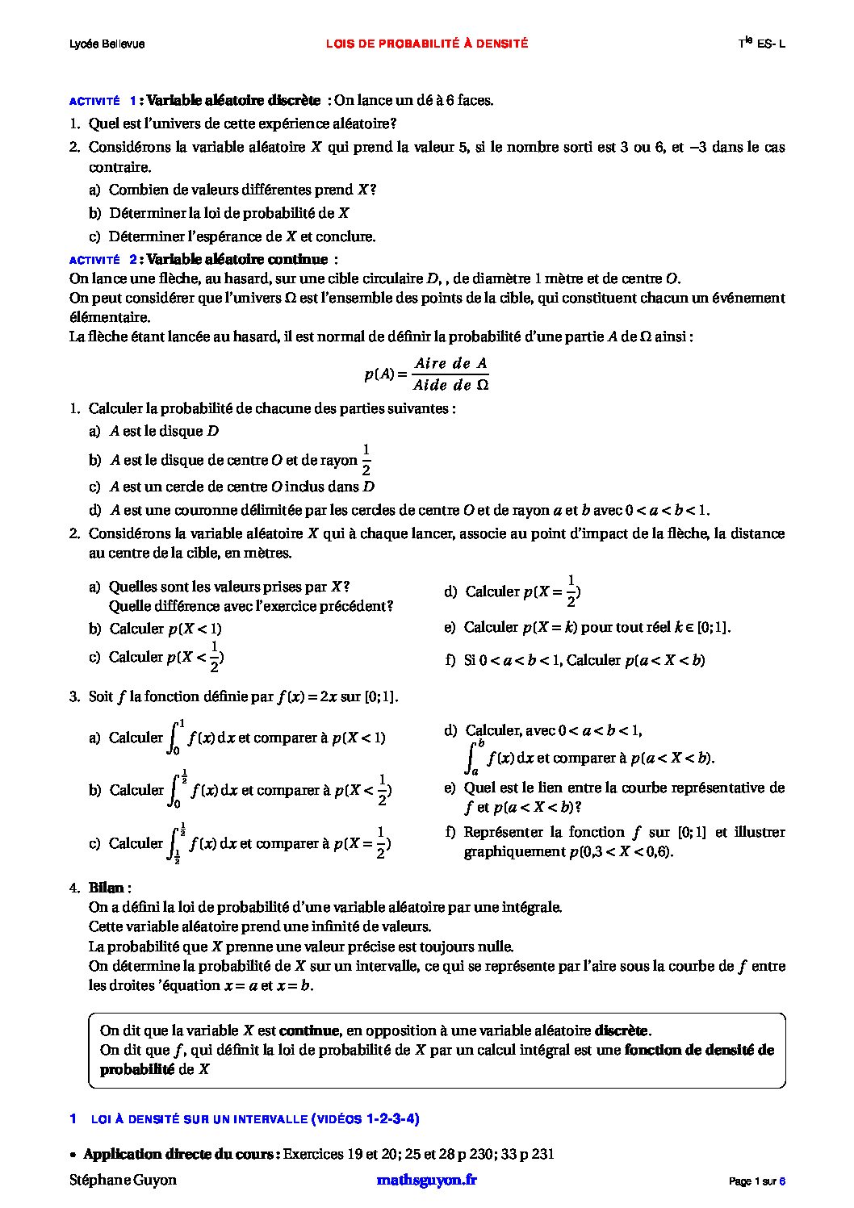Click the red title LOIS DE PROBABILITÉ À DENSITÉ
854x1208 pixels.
[427, 44]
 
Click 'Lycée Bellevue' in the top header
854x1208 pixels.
[107, 44]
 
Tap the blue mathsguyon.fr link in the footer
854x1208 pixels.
[426, 1179]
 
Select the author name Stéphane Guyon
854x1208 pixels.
[123, 1179]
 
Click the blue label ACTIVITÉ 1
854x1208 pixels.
[103, 101]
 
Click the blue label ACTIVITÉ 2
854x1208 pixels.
[103, 260]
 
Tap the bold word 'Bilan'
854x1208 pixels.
[106, 888]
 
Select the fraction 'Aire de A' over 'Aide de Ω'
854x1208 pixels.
[451, 374]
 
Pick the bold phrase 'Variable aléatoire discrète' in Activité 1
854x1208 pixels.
[234, 100]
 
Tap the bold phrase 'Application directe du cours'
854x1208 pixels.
[179, 1153]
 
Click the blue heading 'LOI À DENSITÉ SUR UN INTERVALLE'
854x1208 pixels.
[199, 1118]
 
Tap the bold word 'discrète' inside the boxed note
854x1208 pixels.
[621, 1030]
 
